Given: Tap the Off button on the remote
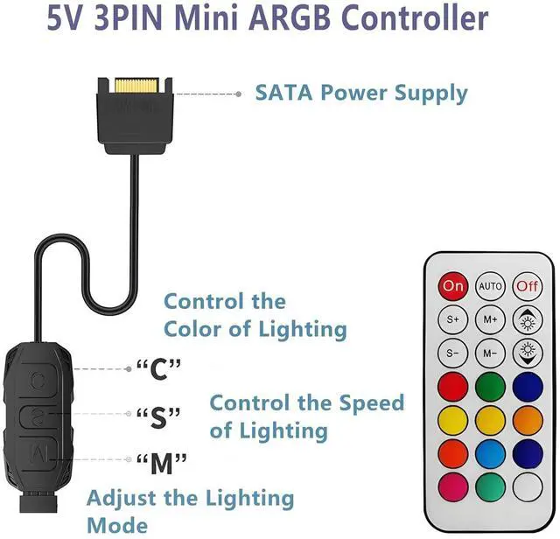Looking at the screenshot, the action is [528, 285].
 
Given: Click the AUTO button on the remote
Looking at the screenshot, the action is [490, 285].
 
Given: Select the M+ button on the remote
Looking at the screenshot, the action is [490, 318].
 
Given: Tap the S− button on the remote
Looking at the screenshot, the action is [452, 352].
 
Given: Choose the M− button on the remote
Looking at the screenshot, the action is [490, 352].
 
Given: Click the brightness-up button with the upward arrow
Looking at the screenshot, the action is [528, 318].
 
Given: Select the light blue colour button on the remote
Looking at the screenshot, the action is [490, 451].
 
